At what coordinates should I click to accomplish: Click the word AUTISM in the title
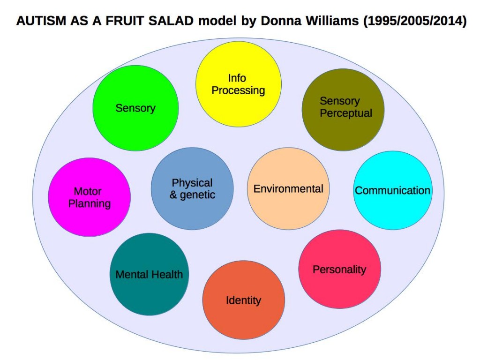pos(36,22)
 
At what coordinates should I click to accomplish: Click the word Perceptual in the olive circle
pos(346,113)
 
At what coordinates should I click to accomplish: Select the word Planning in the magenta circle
pos(90,204)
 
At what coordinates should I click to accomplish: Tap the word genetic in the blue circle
pos(197,195)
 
